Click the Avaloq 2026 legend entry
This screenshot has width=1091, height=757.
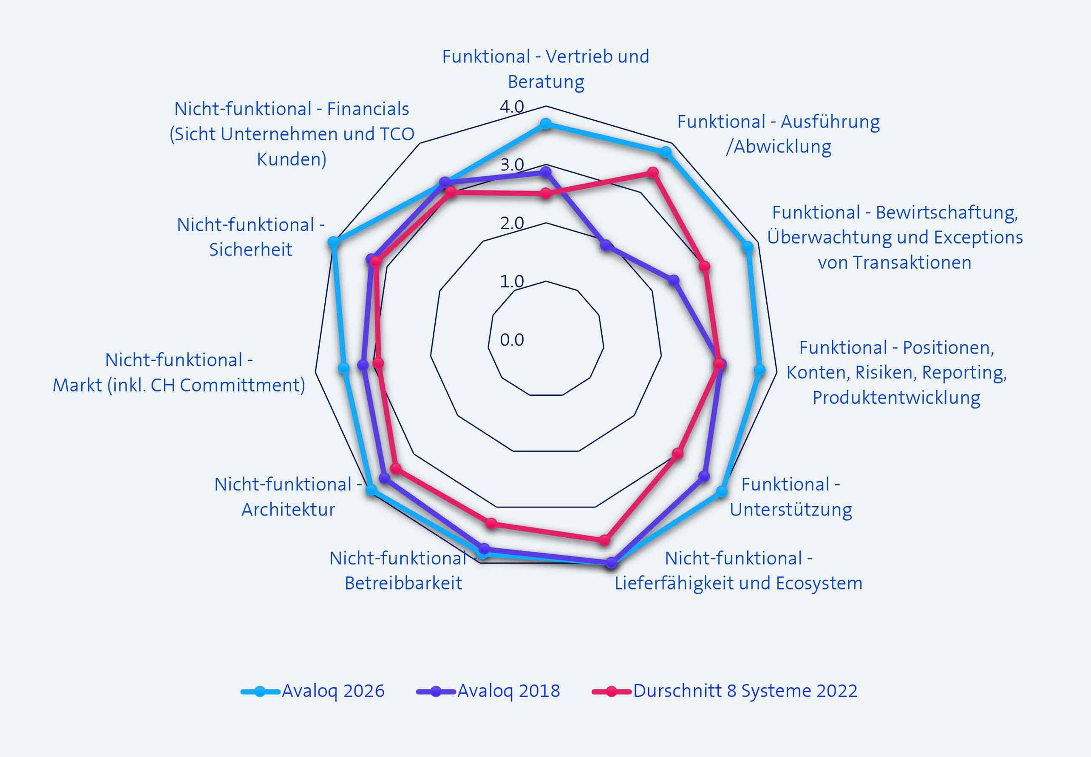point(312,691)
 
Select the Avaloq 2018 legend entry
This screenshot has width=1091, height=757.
point(488,691)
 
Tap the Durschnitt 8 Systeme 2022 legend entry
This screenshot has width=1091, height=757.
point(725,691)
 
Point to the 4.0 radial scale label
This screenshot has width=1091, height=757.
point(512,107)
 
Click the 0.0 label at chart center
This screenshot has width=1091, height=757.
point(512,340)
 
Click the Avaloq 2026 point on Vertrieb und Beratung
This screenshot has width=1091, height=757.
point(546,124)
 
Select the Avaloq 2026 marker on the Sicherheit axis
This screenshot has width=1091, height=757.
point(333,242)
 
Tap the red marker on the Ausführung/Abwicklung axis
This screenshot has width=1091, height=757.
point(653,172)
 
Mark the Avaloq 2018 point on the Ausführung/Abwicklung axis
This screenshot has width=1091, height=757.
point(606,245)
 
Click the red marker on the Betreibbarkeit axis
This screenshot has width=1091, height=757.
point(491,524)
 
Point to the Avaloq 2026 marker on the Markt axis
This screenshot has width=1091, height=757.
point(344,368)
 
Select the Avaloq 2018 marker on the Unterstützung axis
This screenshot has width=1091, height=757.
point(705,476)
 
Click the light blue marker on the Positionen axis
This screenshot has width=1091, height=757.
point(759,370)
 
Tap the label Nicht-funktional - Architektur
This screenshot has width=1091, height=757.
point(288,497)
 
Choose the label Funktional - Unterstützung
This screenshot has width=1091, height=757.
point(791,497)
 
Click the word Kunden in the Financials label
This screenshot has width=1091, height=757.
point(292,159)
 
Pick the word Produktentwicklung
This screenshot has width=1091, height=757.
point(896,397)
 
